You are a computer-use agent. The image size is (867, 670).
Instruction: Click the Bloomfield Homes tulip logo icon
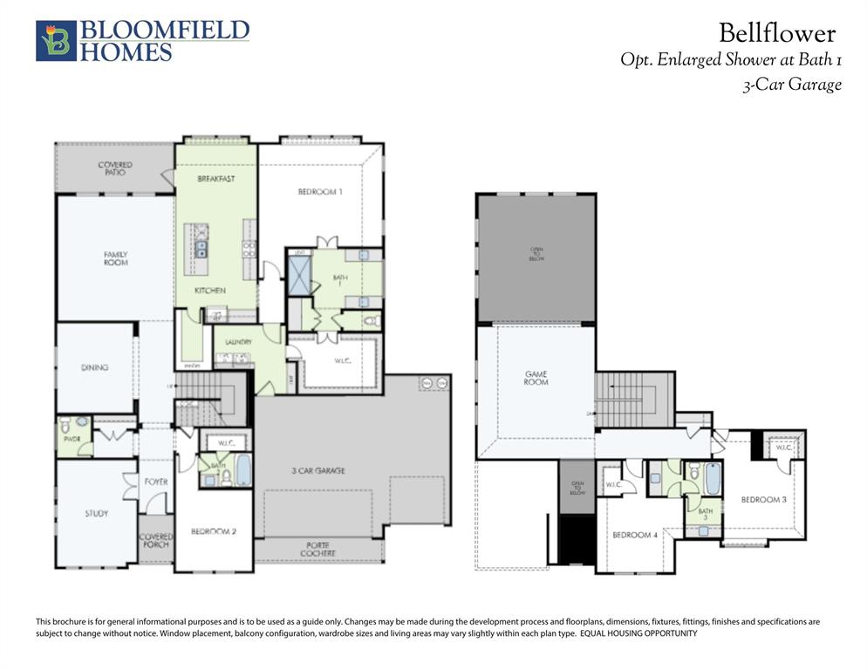[56, 41]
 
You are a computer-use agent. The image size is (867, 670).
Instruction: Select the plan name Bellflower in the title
[776, 33]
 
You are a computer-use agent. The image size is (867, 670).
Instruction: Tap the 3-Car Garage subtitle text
[791, 85]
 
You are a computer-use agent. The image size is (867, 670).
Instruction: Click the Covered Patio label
[115, 168]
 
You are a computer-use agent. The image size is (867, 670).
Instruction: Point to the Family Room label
[115, 258]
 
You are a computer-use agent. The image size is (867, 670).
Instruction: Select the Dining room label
[94, 367]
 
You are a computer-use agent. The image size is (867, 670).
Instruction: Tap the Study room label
[97, 513]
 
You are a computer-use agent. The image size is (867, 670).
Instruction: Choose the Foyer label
[156, 482]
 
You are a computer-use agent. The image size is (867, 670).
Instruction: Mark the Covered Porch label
[156, 540]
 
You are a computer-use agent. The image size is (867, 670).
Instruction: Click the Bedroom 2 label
[214, 530]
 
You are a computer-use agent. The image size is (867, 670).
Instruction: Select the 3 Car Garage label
[317, 470]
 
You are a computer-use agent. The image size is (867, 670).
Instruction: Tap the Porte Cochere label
[317, 549]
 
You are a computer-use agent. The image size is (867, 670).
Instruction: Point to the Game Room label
[536, 378]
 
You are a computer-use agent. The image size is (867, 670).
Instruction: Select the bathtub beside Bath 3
[713, 478]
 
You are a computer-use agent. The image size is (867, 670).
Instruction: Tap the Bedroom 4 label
[634, 535]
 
